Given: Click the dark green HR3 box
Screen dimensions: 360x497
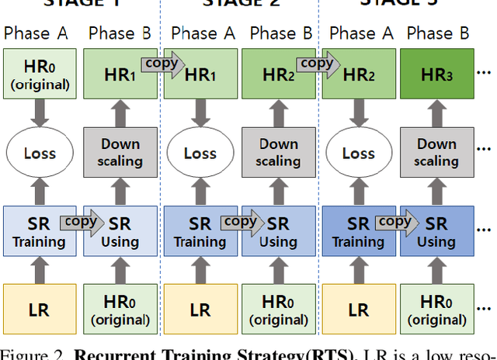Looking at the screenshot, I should click(x=437, y=75).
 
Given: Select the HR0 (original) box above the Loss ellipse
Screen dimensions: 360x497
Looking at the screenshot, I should click(x=40, y=75).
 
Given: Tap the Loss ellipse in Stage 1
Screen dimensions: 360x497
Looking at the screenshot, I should click(x=40, y=152).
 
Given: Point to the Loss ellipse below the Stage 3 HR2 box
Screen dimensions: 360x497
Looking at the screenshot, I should click(x=358, y=152).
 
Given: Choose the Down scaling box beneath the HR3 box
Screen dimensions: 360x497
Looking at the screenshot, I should click(x=437, y=152).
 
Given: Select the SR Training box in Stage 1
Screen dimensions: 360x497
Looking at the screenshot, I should click(x=40, y=231).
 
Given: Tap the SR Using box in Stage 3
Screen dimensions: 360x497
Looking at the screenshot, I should click(x=437, y=231).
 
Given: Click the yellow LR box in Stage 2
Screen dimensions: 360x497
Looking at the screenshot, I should click(x=200, y=309).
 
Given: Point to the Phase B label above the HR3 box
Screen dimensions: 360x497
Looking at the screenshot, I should click(x=437, y=33).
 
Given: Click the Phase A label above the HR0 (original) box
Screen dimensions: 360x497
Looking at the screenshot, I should click(x=36, y=33).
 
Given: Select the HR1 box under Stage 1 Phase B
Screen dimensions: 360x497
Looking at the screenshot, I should click(x=119, y=75).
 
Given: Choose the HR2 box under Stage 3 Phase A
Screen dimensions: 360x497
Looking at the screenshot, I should click(x=358, y=75).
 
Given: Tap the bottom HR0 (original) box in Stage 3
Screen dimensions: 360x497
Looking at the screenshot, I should click(x=437, y=309).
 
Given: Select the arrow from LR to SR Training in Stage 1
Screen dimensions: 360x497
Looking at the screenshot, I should click(x=40, y=270).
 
